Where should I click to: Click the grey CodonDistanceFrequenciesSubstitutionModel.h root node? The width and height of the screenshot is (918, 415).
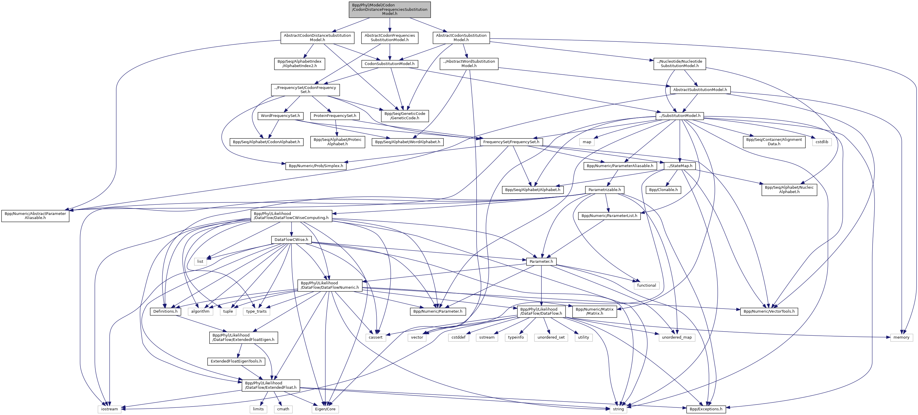click(x=389, y=10)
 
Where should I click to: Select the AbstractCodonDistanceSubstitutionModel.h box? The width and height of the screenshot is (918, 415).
click(x=317, y=37)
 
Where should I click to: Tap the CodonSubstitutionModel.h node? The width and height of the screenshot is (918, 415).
click(x=389, y=64)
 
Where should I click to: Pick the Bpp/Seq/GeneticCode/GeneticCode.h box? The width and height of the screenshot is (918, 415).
click(x=404, y=116)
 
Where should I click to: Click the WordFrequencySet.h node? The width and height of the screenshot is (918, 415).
click(x=280, y=116)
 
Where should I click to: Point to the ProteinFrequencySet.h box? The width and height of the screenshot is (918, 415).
click(x=335, y=116)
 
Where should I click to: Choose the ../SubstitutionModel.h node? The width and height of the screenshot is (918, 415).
click(x=680, y=116)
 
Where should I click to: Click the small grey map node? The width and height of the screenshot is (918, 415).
click(x=587, y=142)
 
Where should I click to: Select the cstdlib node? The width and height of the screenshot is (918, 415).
click(x=822, y=142)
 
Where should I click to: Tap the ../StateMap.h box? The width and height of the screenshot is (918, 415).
click(x=680, y=166)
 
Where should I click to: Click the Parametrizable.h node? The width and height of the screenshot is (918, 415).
click(x=604, y=190)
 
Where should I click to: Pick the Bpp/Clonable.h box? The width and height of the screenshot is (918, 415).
click(x=663, y=190)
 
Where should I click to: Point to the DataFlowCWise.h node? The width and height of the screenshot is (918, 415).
click(x=291, y=240)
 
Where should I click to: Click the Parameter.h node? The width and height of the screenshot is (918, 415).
click(x=541, y=261)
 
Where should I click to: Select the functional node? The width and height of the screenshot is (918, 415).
click(x=647, y=285)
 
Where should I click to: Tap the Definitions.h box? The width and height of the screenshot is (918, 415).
click(x=165, y=311)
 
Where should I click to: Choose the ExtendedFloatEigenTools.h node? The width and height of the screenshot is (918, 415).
click(x=236, y=361)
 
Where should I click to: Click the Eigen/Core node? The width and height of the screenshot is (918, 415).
click(x=325, y=409)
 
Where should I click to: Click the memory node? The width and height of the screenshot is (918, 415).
click(x=901, y=337)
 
